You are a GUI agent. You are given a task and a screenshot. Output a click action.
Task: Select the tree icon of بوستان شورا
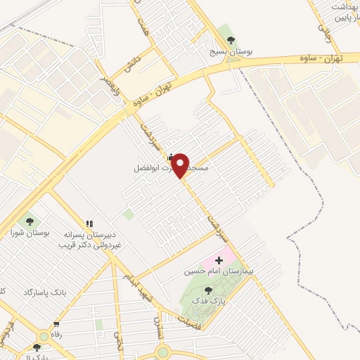(30, 219)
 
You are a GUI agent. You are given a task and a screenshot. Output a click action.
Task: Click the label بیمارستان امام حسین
(218, 271)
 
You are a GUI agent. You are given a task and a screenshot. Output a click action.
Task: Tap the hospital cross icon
(219, 259)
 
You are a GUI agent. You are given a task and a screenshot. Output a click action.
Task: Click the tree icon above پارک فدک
(207, 290)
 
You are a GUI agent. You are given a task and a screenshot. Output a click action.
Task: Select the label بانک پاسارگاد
(44, 292)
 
